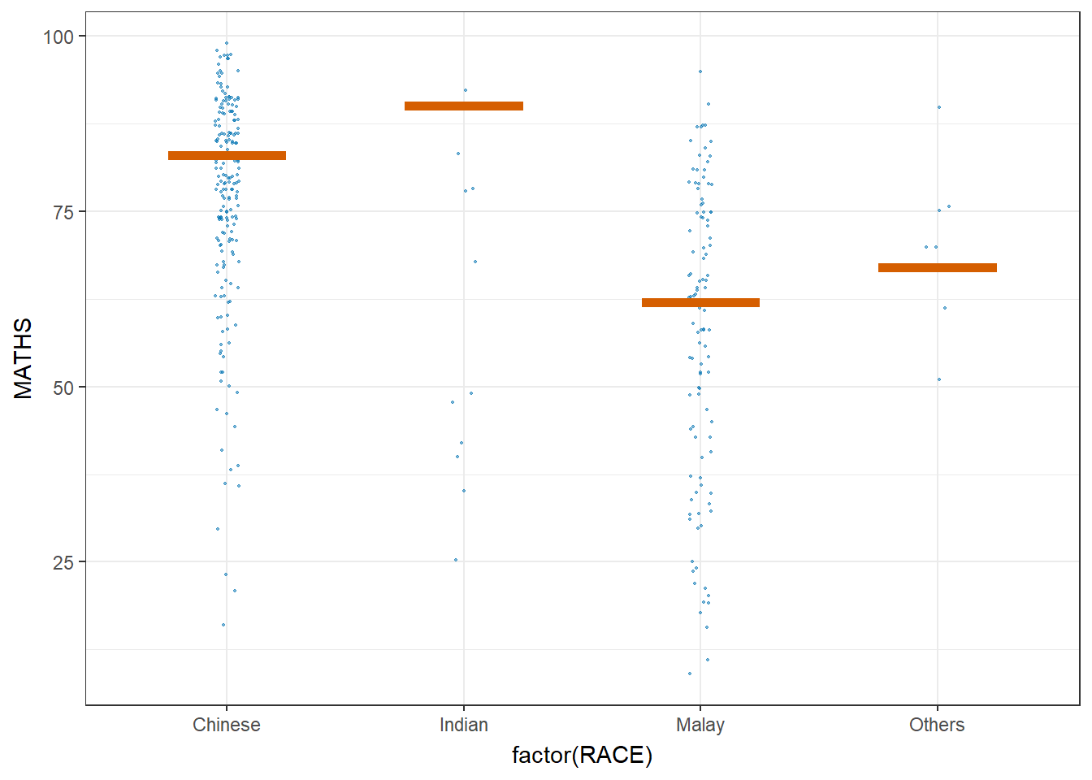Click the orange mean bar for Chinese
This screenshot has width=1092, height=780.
227,155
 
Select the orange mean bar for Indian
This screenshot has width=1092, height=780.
464,106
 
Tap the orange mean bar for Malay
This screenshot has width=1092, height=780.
700,302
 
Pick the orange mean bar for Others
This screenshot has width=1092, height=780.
937,267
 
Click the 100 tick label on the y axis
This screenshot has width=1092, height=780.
58,37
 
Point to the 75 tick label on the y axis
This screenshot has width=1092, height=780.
63,212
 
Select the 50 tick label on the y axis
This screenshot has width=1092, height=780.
63,388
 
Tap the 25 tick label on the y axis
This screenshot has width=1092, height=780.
63,562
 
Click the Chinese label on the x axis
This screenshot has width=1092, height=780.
227,725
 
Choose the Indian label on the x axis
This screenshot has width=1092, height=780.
464,725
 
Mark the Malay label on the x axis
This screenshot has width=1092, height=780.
700,725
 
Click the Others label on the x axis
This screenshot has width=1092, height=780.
937,725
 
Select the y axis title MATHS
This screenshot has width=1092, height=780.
24,358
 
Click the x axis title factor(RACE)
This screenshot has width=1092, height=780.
582,756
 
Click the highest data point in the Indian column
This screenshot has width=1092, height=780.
466,90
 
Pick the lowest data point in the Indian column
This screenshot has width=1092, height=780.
456,560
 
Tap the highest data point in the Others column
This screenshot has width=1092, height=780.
939,107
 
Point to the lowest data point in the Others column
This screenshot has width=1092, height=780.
939,379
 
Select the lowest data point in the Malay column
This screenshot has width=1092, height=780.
690,674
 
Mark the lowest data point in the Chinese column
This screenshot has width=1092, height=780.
223,625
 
